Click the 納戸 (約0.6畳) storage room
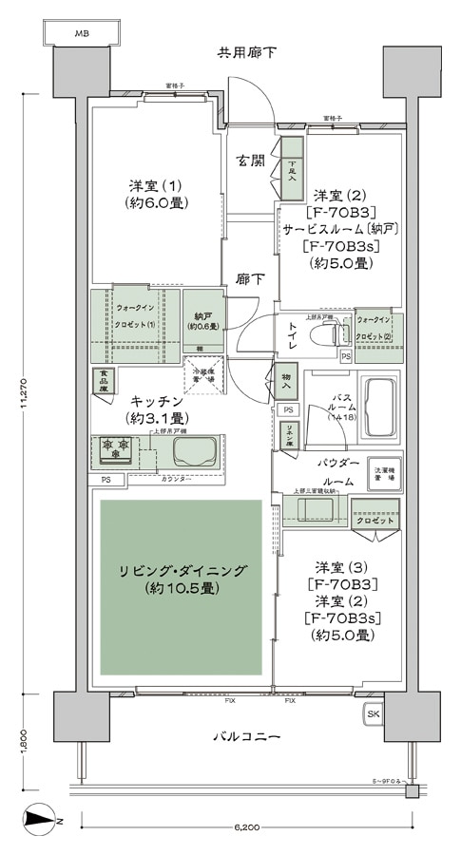pyautogui.click(x=202, y=320)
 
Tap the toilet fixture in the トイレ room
pyautogui.click(x=329, y=335)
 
